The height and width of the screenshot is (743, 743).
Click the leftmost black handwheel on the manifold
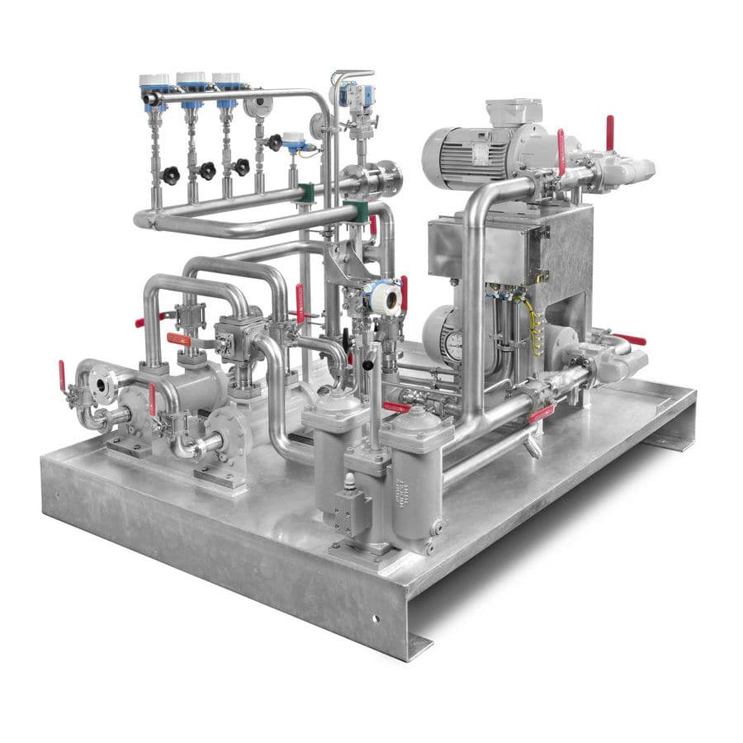pos(170,175)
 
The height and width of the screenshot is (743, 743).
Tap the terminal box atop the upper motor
pos(513,111)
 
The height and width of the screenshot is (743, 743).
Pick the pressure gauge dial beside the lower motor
pos(452,344)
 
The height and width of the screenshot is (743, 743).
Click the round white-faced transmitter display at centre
pos(386,297)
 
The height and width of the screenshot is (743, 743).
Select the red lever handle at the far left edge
pos(62,376)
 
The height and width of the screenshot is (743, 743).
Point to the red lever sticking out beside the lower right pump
pos(631,339)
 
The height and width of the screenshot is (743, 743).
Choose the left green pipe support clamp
pos(306,193)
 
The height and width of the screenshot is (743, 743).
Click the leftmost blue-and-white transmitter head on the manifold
pos(154,83)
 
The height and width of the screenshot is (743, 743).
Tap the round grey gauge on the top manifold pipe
pos(258,106)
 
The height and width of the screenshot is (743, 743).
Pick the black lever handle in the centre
pos(368,358)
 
